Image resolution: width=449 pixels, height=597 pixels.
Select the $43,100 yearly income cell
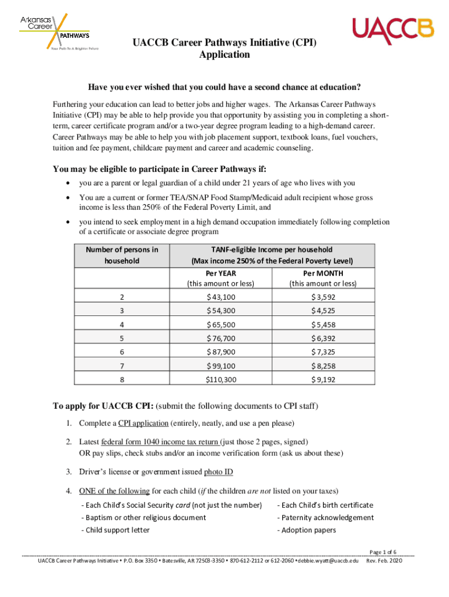[221, 297]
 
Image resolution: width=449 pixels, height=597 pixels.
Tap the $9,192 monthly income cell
[323, 379]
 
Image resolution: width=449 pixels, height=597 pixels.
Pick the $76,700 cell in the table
[221, 338]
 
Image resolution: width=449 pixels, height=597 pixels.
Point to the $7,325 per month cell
[323, 352]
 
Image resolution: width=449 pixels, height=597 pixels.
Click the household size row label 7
[122, 366]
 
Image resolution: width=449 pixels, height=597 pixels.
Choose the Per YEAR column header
[221, 273]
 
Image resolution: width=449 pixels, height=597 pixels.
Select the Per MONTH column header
[323, 273]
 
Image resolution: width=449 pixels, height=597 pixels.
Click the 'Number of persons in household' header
[122, 255]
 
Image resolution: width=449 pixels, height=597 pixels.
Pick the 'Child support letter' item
[117, 530]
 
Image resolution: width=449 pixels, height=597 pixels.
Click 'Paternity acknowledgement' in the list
[327, 517]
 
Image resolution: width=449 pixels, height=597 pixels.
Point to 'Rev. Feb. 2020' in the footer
[384, 561]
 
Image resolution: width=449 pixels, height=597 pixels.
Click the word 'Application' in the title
[224, 55]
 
